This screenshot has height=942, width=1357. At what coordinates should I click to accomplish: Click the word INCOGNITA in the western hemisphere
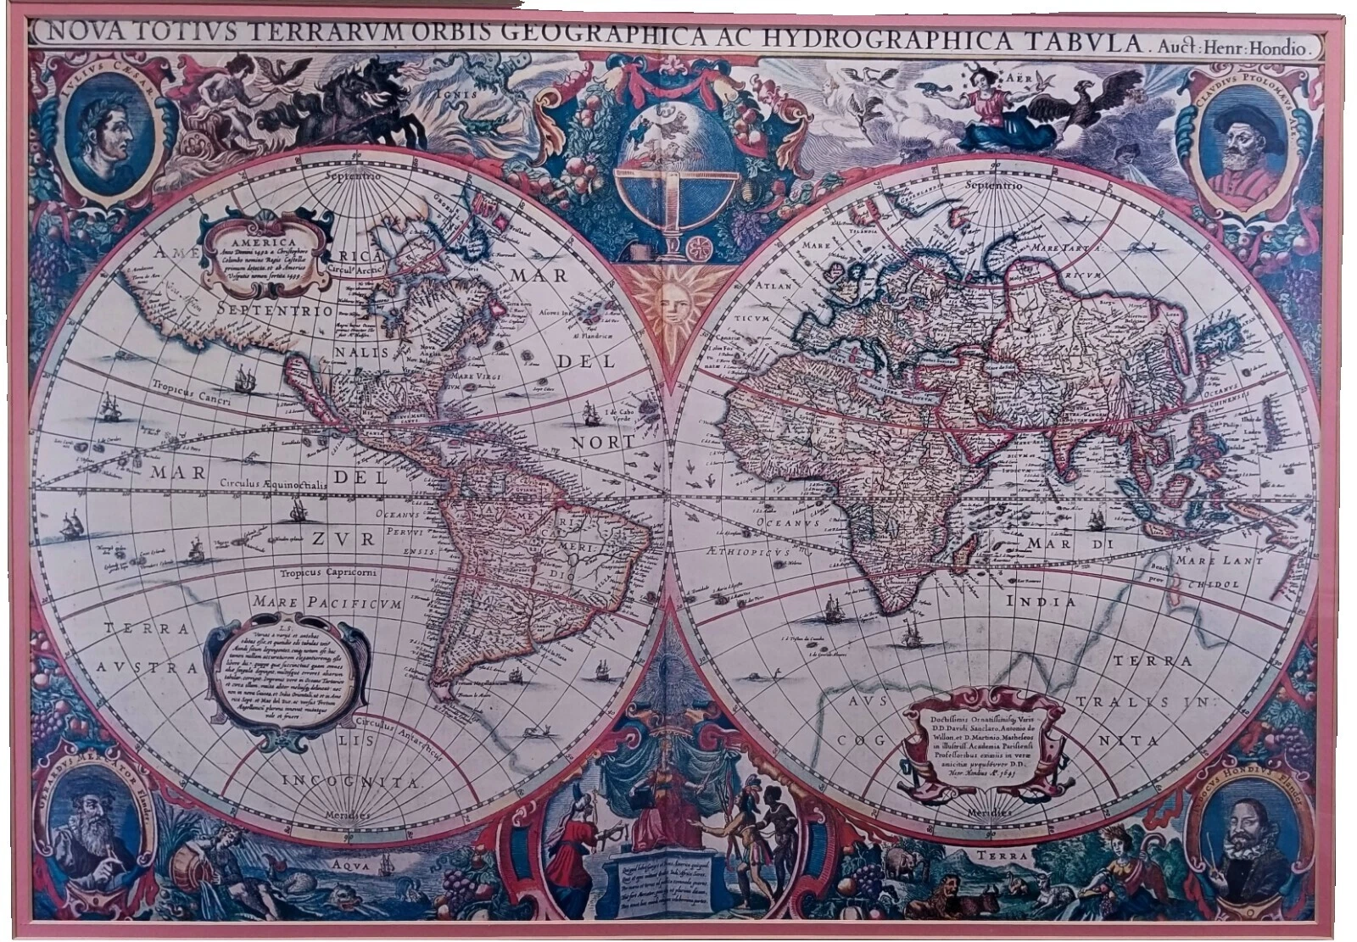[x=349, y=781]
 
